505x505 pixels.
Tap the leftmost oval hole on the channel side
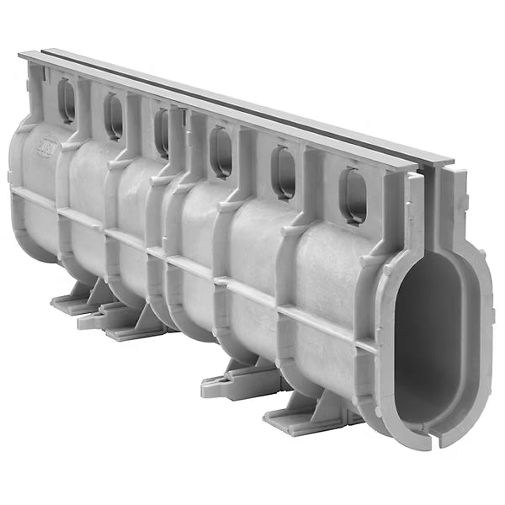tap(66, 101)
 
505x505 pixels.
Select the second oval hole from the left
tap(114, 115)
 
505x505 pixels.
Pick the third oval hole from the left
tap(162, 132)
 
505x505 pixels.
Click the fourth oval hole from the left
tap(221, 151)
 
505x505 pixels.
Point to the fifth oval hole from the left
tap(284, 172)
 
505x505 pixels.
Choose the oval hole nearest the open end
tap(353, 195)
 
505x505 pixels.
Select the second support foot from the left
tap(126, 323)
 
